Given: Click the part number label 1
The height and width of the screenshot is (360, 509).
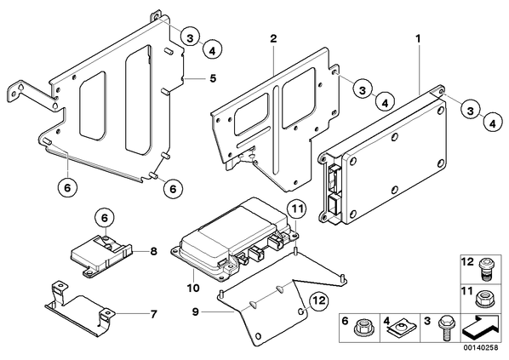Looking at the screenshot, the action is (418, 39).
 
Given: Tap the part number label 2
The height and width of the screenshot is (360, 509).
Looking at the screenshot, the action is (273, 39).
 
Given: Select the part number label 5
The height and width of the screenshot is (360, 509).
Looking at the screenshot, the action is (213, 78).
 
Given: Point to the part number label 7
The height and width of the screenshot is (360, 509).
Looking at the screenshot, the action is (153, 314).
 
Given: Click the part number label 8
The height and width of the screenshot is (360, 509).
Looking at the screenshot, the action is (153, 251).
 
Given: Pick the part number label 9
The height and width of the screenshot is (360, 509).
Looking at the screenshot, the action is (195, 312).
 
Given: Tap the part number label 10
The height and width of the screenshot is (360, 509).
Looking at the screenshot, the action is (193, 288).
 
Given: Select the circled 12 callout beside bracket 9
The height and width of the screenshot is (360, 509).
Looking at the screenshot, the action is (319, 301).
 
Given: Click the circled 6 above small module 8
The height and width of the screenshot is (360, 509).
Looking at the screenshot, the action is (105, 218).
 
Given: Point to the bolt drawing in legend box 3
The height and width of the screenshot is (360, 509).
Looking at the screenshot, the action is (444, 329).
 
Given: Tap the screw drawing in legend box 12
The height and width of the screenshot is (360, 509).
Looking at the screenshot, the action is (484, 268).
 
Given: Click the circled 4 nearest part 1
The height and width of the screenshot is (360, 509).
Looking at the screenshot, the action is (493, 123).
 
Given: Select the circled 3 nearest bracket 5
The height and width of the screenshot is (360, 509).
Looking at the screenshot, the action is (190, 38).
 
